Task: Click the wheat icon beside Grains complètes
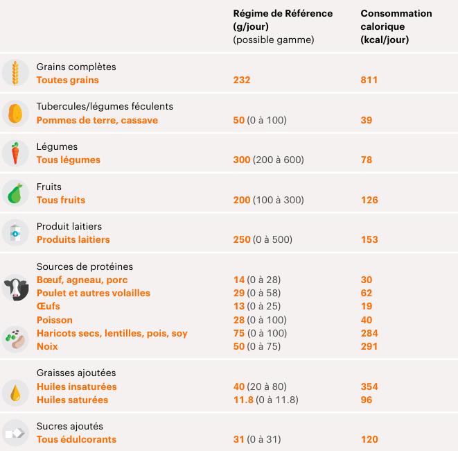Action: pyautogui.click(x=15, y=73)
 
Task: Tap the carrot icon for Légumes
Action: pyautogui.click(x=15, y=153)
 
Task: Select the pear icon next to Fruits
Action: pyautogui.click(x=15, y=193)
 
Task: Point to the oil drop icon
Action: pyautogui.click(x=15, y=393)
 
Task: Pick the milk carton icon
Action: pyautogui.click(x=15, y=233)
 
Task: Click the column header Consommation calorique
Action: pyautogui.click(x=396, y=26)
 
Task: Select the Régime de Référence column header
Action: pyautogui.click(x=283, y=26)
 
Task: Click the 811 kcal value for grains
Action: pyautogui.click(x=369, y=80)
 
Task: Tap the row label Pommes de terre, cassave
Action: pyautogui.click(x=97, y=120)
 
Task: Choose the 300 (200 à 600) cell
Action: pyautogui.click(x=269, y=160)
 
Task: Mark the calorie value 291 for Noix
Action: pyautogui.click(x=369, y=346)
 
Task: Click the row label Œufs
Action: pyautogui.click(x=48, y=306)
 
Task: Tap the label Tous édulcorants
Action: pyautogui.click(x=76, y=439)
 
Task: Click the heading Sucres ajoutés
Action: pyautogui.click(x=69, y=426)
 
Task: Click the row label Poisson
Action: pyautogui.click(x=54, y=320)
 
